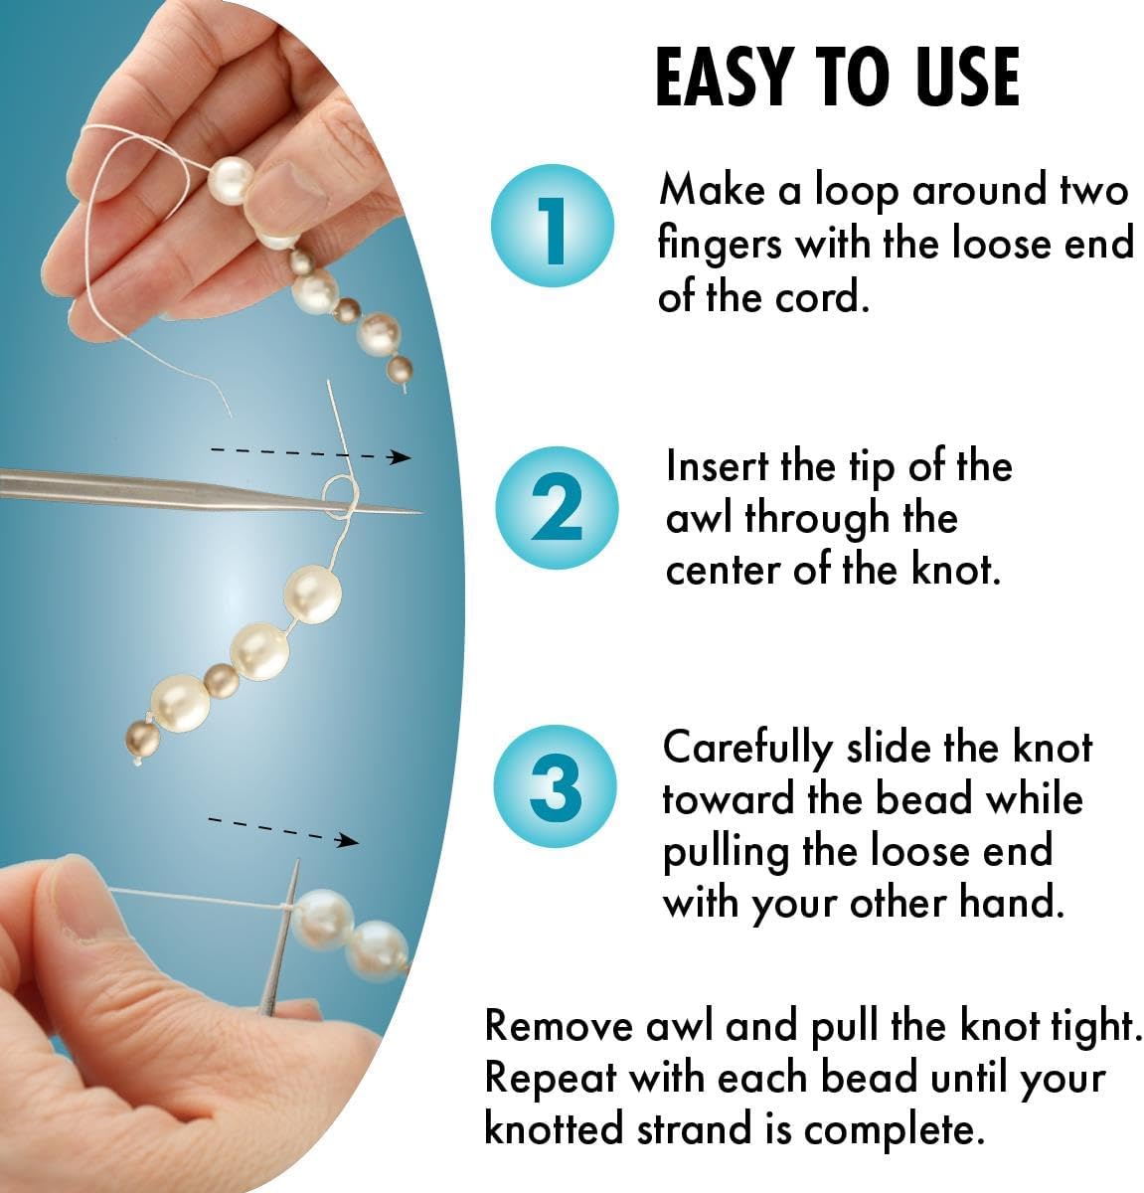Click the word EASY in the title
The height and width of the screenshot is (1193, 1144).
pos(725,77)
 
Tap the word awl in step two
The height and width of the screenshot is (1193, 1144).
pos(700,519)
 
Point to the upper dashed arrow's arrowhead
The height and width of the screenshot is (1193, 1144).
pos(401,457)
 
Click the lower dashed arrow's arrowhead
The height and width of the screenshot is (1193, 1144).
pos(347,841)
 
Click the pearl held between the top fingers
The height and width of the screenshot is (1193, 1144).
pos(231,181)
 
